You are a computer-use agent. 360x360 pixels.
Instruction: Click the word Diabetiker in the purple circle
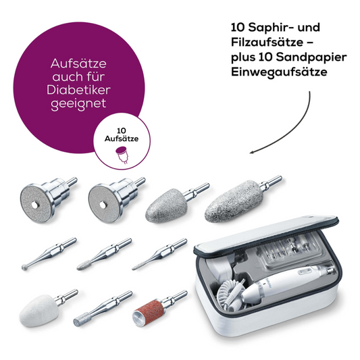pyautogui.click(x=79, y=91)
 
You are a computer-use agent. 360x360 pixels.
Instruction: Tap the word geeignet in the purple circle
pyautogui.click(x=79, y=105)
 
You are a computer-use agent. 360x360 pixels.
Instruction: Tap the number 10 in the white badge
pyautogui.click(x=122, y=128)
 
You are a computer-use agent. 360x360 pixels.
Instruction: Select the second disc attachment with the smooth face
pyautogui.click(x=105, y=199)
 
